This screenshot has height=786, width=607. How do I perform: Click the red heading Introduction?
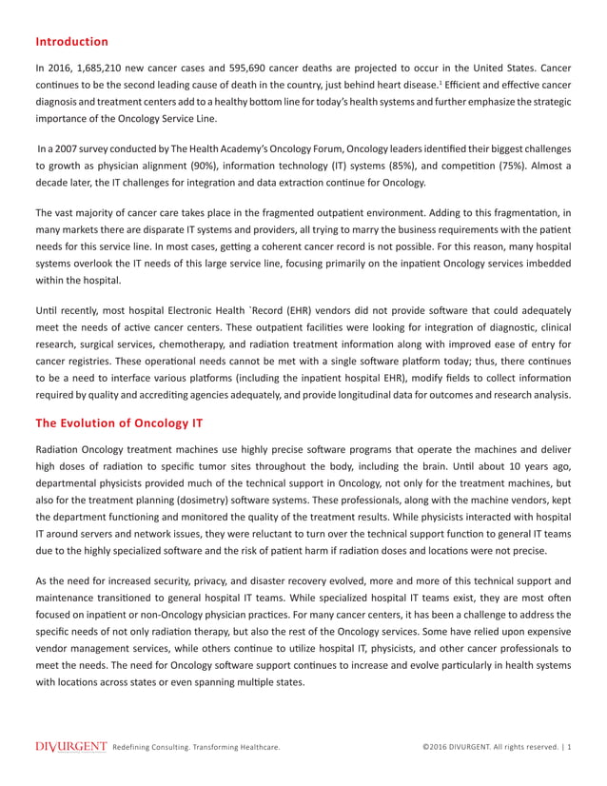(x=71, y=42)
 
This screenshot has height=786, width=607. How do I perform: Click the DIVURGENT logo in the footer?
(x=70, y=747)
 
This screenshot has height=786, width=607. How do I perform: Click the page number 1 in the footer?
(x=569, y=748)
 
